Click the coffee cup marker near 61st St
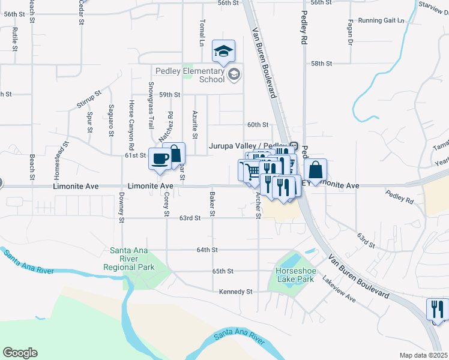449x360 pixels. pos(160,159)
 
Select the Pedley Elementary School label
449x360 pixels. pos(190,75)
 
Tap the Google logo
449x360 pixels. pos(19,353)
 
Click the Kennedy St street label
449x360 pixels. pos(232,292)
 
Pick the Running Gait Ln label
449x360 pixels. pos(381,20)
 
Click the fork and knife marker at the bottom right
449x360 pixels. pos(436,310)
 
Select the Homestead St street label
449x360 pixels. pos(58,158)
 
